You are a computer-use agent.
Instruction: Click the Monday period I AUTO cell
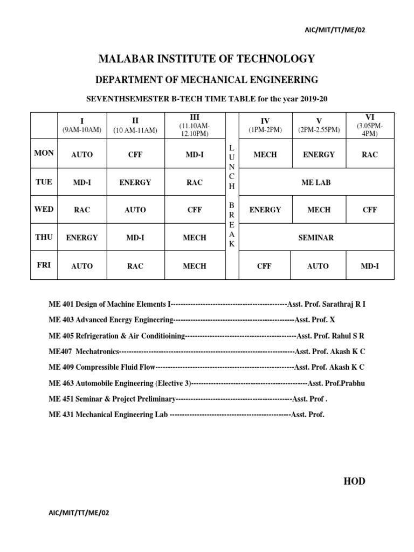pyautogui.click(x=82, y=154)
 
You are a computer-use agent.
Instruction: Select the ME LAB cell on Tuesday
pyautogui.click(x=316, y=182)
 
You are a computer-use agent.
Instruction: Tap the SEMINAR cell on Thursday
pyautogui.click(x=316, y=237)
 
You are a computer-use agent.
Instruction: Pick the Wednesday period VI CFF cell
pyautogui.click(x=370, y=210)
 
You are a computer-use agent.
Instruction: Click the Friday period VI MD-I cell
pyautogui.click(x=370, y=266)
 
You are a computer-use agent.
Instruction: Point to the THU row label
pyautogui.click(x=44, y=237)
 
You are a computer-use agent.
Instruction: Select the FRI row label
pyautogui.click(x=44, y=265)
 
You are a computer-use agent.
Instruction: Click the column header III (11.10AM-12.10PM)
pyautogui.click(x=195, y=126)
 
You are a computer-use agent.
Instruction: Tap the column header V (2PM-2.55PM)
pyautogui.click(x=319, y=126)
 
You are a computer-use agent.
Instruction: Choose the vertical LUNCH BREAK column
pyautogui.click(x=232, y=196)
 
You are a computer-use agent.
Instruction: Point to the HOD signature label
pyautogui.click(x=354, y=481)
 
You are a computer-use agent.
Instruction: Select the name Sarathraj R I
pyautogui.click(x=344, y=304)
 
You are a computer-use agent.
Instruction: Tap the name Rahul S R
pyautogui.click(x=347, y=335)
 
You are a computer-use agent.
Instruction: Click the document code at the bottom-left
pyautogui.click(x=79, y=513)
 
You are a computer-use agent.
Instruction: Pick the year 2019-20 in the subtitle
pyautogui.click(x=314, y=99)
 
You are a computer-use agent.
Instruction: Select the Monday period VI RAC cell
pyautogui.click(x=370, y=154)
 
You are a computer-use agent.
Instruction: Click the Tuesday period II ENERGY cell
pyautogui.click(x=135, y=182)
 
